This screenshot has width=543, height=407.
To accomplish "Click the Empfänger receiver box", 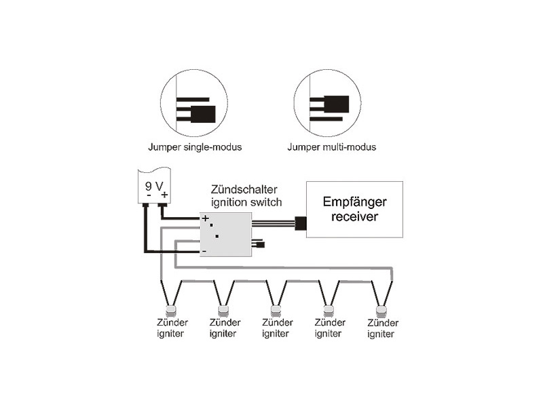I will (354, 210).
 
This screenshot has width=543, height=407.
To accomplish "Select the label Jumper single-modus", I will (195, 147).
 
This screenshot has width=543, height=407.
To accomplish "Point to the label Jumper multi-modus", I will (331, 147).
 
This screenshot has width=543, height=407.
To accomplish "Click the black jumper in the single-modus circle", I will (203, 113).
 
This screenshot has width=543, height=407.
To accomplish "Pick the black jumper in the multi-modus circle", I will (336, 104).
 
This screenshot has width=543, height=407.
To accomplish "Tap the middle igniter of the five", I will (276, 311).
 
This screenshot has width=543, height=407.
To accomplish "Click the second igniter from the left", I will (223, 311).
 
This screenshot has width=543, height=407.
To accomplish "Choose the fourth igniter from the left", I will (329, 311).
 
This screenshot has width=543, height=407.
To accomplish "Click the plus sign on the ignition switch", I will (204, 218).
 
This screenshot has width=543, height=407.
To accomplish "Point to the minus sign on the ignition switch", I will (204, 252).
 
